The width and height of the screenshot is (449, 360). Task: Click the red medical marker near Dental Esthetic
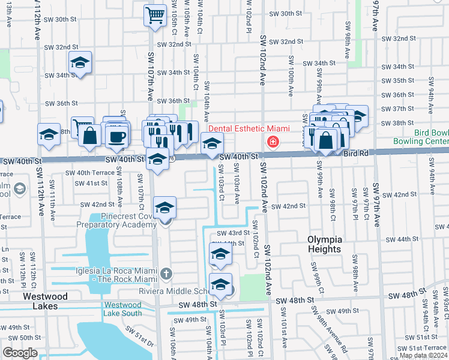[273, 142]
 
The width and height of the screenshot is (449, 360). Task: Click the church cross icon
[166, 274]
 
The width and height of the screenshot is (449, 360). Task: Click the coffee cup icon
[117, 136]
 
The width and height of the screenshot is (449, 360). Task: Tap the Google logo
[20, 353]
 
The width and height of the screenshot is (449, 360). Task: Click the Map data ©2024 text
[423, 355]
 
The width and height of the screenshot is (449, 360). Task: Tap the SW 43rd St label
[232, 233]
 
